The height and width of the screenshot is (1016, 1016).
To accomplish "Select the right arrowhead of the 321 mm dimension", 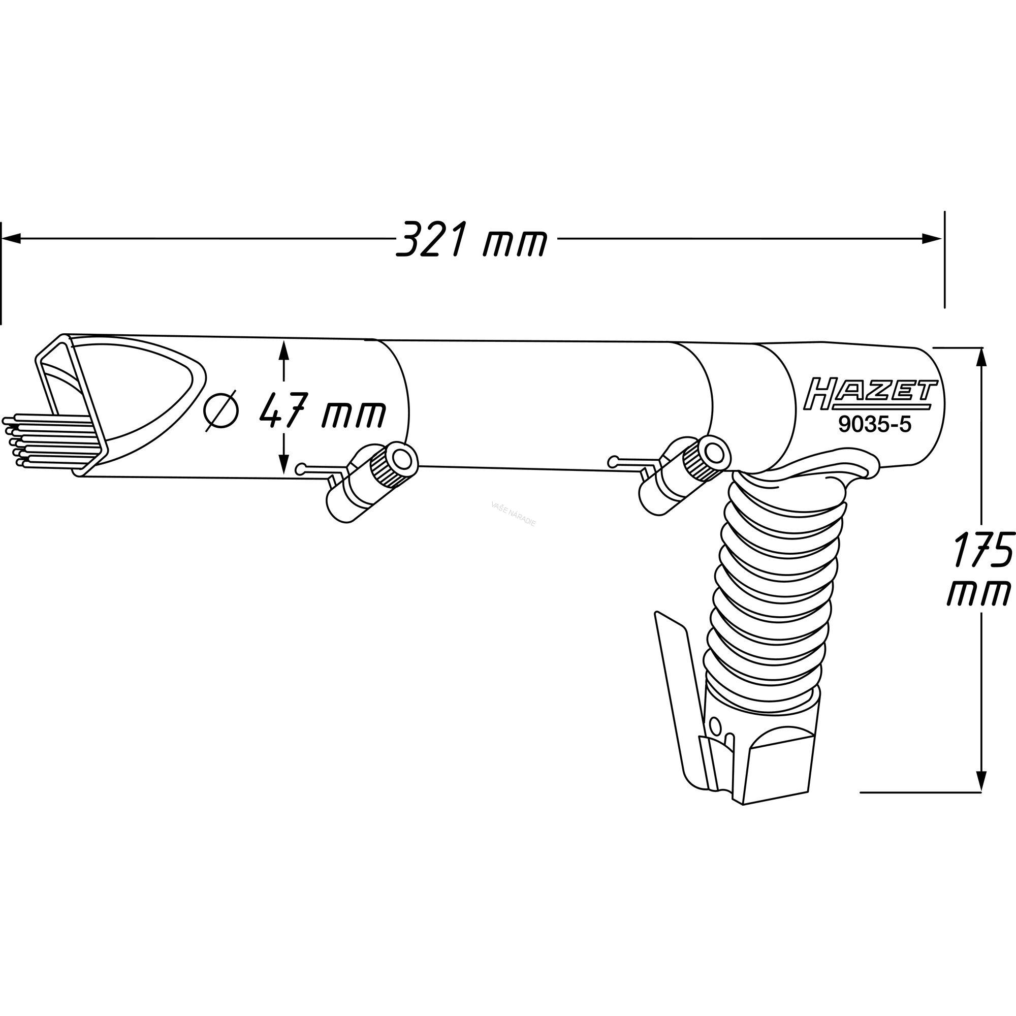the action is [933, 239].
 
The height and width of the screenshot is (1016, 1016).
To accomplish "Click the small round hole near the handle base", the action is [714, 726].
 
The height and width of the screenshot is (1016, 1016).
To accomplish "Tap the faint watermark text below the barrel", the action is [512, 512].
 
